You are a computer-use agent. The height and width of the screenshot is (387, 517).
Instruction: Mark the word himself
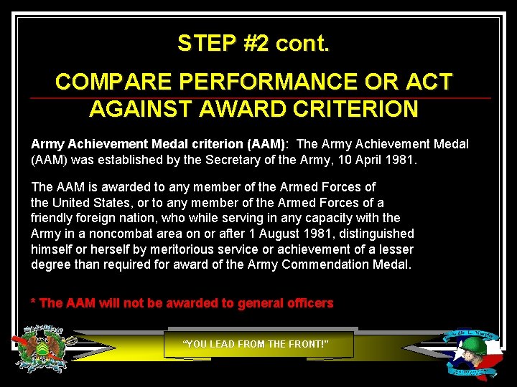tap(53, 249)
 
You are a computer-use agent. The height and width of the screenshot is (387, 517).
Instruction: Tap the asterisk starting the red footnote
tap(33, 302)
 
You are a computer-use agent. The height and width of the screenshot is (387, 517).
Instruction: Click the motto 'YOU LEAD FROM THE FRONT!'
tap(256, 345)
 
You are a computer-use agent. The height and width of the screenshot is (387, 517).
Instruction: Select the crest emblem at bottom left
tap(45, 349)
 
